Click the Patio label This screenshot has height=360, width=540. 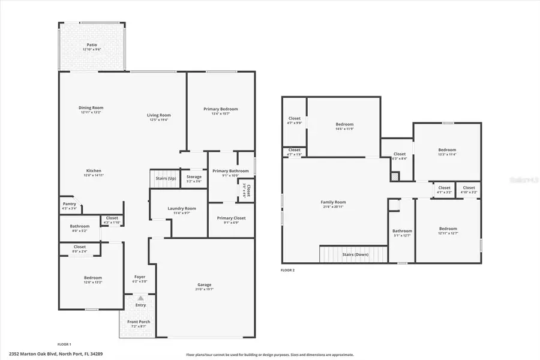92,44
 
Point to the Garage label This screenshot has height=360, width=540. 205,284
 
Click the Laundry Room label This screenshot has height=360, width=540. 181,208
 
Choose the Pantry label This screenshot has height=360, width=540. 70,204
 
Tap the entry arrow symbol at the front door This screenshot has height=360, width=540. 140,298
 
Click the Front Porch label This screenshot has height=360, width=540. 139,322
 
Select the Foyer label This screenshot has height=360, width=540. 140,277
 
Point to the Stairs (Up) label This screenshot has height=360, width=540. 166,178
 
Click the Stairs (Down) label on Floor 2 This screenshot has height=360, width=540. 356,254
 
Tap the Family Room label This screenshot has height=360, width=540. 334,202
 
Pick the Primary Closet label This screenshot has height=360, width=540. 231,218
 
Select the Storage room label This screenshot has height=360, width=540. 194,177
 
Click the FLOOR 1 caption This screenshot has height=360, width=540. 64,344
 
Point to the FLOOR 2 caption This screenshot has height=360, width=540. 287,271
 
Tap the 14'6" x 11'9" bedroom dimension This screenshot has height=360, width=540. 344,130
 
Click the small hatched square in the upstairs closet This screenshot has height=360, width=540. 394,177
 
